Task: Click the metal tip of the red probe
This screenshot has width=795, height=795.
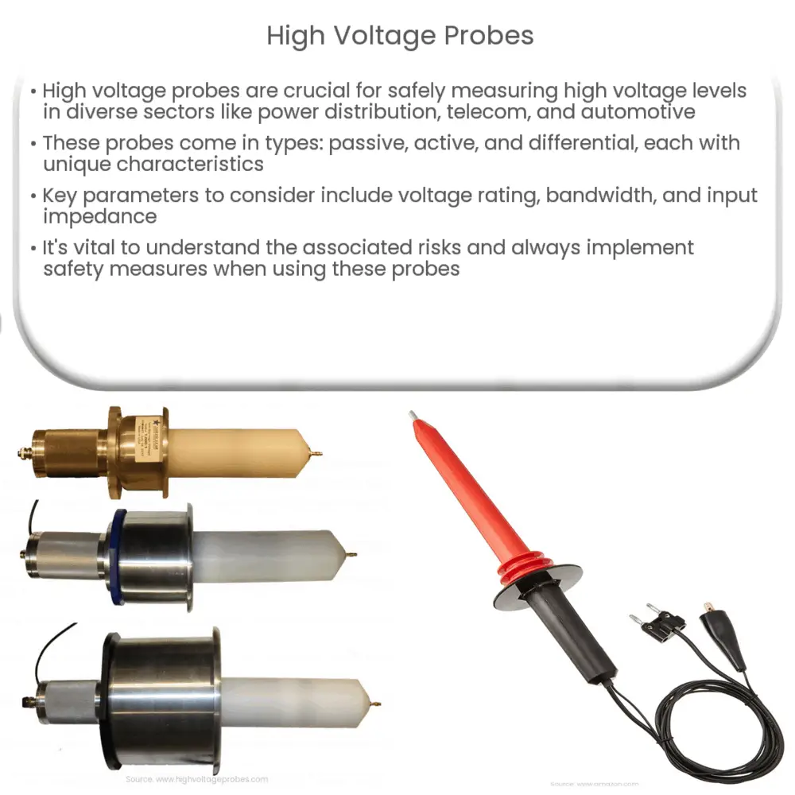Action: tap(412, 416)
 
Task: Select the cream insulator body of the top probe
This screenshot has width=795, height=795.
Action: tap(238, 452)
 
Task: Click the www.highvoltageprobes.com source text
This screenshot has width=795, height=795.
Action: tap(197, 780)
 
